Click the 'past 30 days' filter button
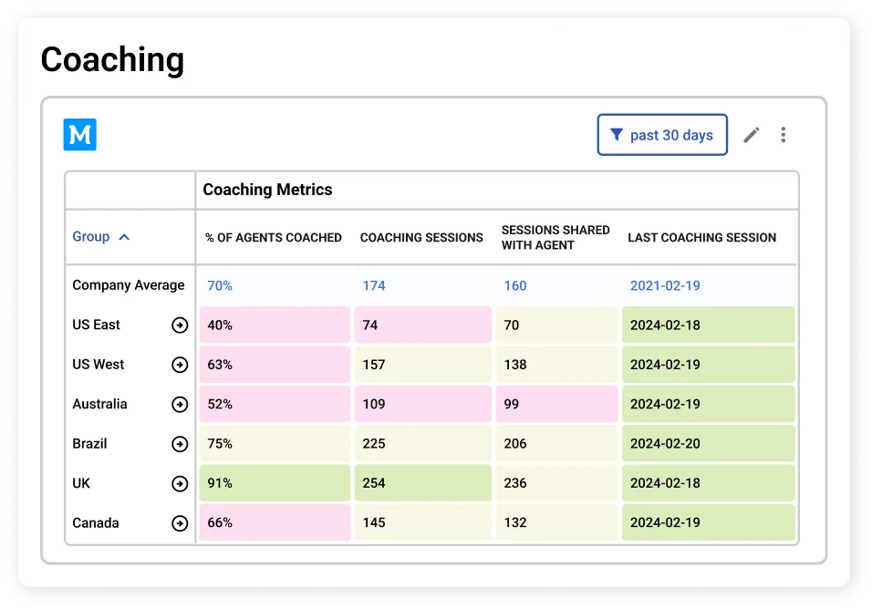(x=662, y=135)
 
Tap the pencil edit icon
(x=751, y=135)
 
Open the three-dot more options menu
(x=783, y=135)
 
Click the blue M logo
(x=79, y=135)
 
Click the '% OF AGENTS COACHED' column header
(x=273, y=238)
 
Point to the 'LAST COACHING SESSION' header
(x=701, y=238)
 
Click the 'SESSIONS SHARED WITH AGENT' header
(x=555, y=237)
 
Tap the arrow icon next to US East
(x=180, y=325)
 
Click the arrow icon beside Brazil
(x=180, y=444)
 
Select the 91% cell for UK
(x=275, y=483)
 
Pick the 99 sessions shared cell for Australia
(x=556, y=404)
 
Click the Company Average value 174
(x=374, y=285)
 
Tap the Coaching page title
(x=112, y=60)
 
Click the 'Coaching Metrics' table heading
(x=267, y=190)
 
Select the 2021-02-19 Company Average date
(x=665, y=285)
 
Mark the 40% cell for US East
(x=275, y=325)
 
